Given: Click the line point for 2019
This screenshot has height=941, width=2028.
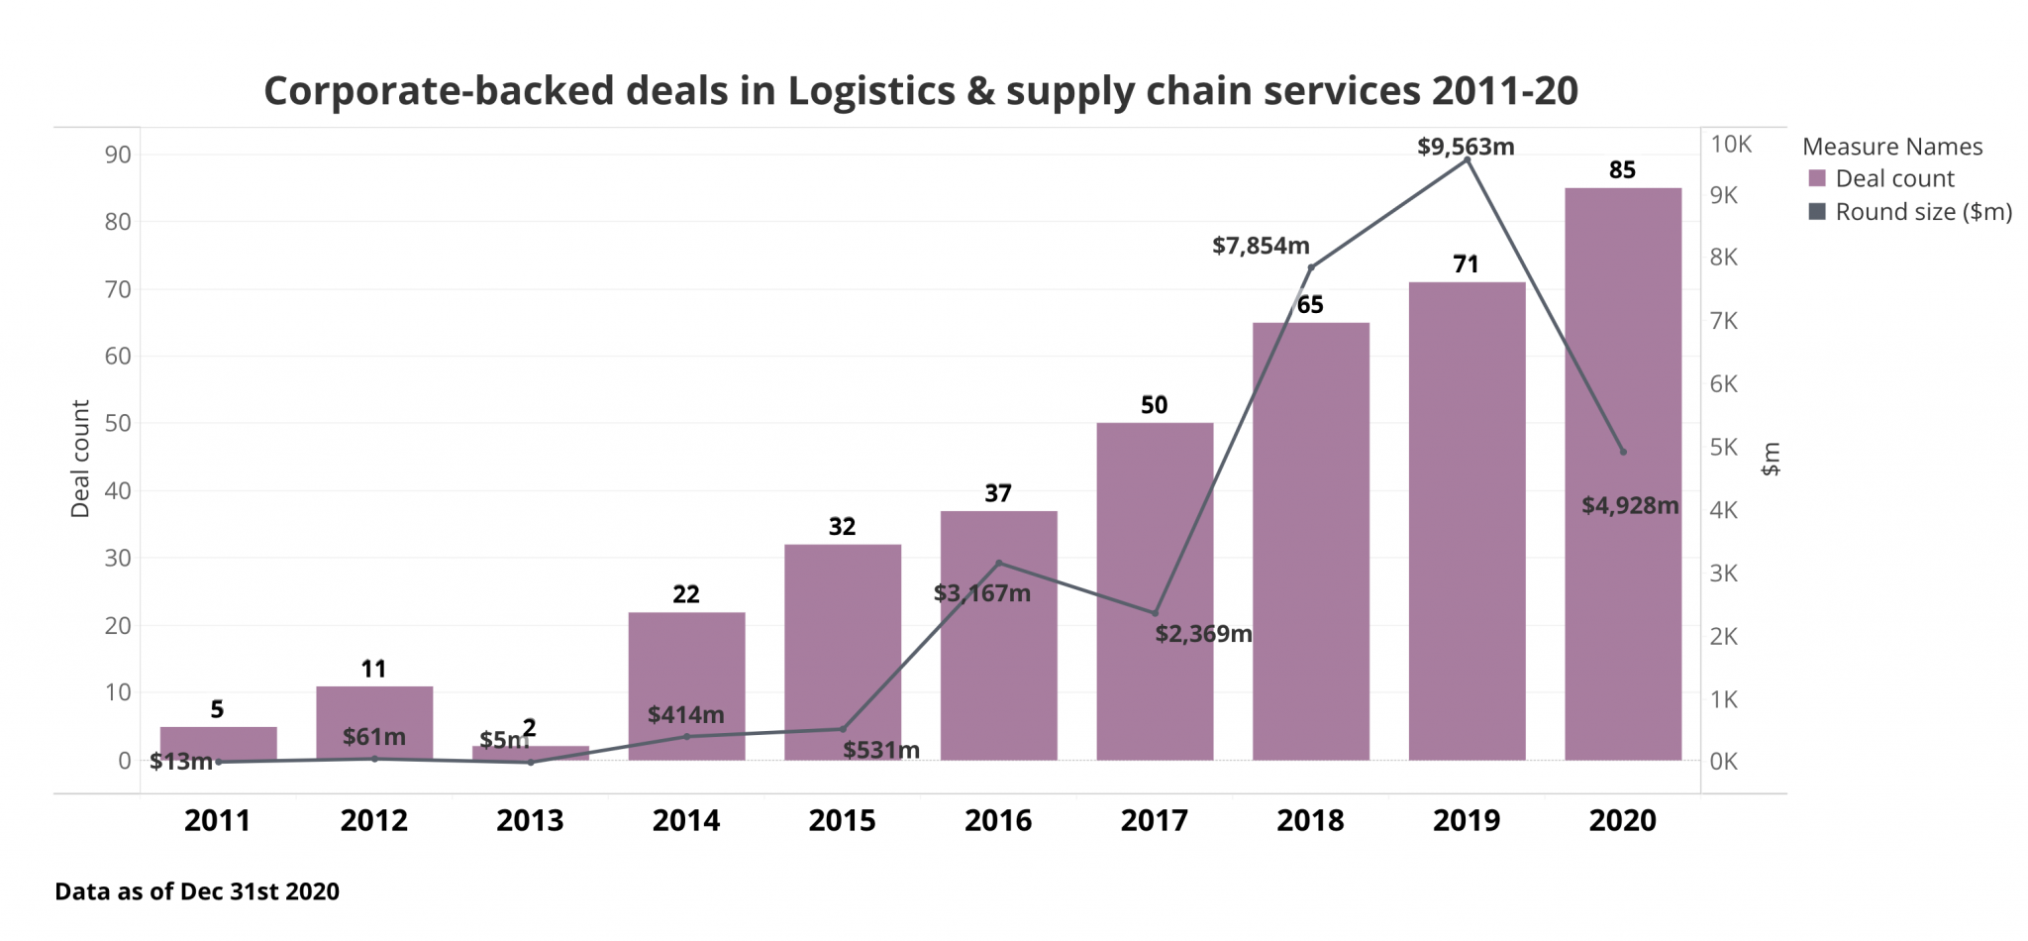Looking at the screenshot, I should point(1467,159).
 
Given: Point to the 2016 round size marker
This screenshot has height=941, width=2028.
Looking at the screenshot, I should point(998,564).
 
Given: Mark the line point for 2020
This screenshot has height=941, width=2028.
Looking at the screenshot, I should point(1623,452).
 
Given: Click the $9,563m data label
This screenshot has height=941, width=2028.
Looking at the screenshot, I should point(1466,147).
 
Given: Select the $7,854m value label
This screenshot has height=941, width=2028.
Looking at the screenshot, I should point(1261,246).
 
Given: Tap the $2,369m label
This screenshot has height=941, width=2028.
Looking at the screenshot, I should point(1203,634).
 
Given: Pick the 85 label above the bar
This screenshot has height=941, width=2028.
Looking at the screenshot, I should point(1622,170).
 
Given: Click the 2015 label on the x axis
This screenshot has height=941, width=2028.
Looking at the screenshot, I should point(842,820).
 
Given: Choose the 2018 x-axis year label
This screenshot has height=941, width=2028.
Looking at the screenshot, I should point(1310,820).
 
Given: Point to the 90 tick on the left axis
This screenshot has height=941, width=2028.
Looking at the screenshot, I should point(118,155).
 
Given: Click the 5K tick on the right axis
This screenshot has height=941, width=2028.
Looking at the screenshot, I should point(1723,448).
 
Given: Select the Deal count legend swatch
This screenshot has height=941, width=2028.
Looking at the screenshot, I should point(1817,178).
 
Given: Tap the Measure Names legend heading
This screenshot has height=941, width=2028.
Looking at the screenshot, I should point(1892,147).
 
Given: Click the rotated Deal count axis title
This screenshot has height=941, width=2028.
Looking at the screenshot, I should point(80,459).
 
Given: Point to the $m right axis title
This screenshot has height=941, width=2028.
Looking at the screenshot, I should point(1771,459).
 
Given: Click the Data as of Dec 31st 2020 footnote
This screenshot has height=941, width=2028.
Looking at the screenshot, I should point(197,891).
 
